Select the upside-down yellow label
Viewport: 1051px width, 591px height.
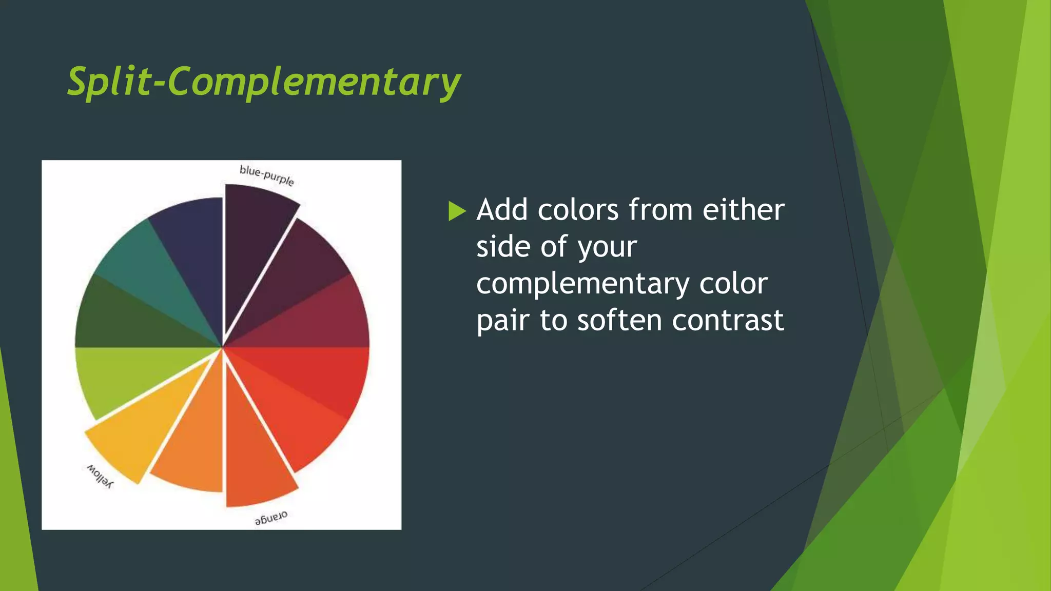coord(99,476)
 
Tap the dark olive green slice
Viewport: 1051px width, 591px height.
coord(123,318)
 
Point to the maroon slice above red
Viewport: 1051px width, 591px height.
coord(323,318)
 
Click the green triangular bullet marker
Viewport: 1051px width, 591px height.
coord(456,211)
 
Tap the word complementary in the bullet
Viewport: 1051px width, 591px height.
coord(582,284)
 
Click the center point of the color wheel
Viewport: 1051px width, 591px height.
coord(222,347)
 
